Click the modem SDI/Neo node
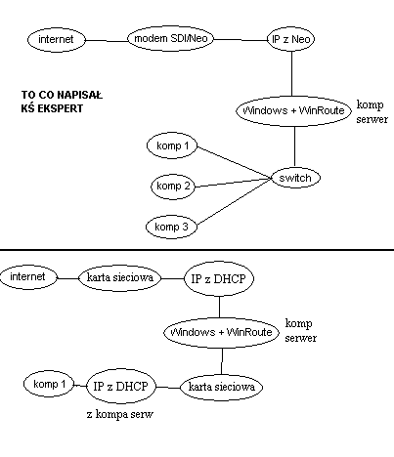[x=170, y=39]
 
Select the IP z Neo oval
[x=291, y=39]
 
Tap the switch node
[x=295, y=178]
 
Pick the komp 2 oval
[x=173, y=187]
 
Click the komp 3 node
[x=171, y=227]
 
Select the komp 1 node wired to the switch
[x=172, y=145]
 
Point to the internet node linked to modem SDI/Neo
[x=56, y=39]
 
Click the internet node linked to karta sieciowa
[x=28, y=277]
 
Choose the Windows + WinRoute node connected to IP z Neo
[x=293, y=110]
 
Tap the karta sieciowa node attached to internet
[x=120, y=277]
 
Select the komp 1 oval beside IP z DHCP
[x=49, y=384]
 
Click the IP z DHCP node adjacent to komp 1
[x=121, y=387]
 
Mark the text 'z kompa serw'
[x=120, y=414]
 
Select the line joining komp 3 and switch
[x=235, y=201]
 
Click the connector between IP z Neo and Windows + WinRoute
[x=291, y=73]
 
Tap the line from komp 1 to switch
[x=235, y=163]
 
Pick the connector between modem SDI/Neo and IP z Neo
[x=241, y=40]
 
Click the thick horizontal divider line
[x=197, y=250]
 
